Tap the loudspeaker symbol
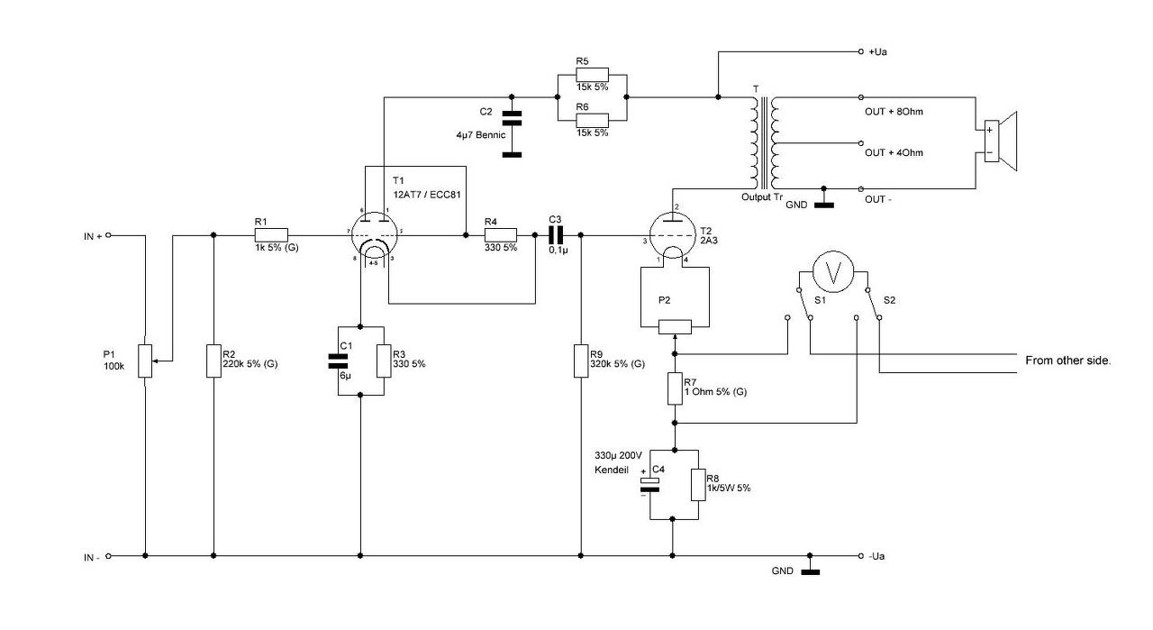[1000, 142]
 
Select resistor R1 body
[271, 235]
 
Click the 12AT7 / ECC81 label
[427, 195]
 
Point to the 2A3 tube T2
[671, 235]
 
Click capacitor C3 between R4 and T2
[556, 235]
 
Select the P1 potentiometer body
[145, 361]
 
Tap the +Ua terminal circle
[860, 51]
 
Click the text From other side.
[1068, 361]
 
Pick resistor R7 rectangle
[675, 388]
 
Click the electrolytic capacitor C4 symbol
[649, 485]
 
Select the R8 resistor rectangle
[698, 484]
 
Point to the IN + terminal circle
[108, 235]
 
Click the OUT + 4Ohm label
[894, 153]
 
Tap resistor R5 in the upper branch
[592, 75]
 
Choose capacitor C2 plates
[511, 118]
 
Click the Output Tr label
[762, 197]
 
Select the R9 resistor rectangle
[581, 361]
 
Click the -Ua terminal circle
[860, 556]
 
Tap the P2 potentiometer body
[675, 327]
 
